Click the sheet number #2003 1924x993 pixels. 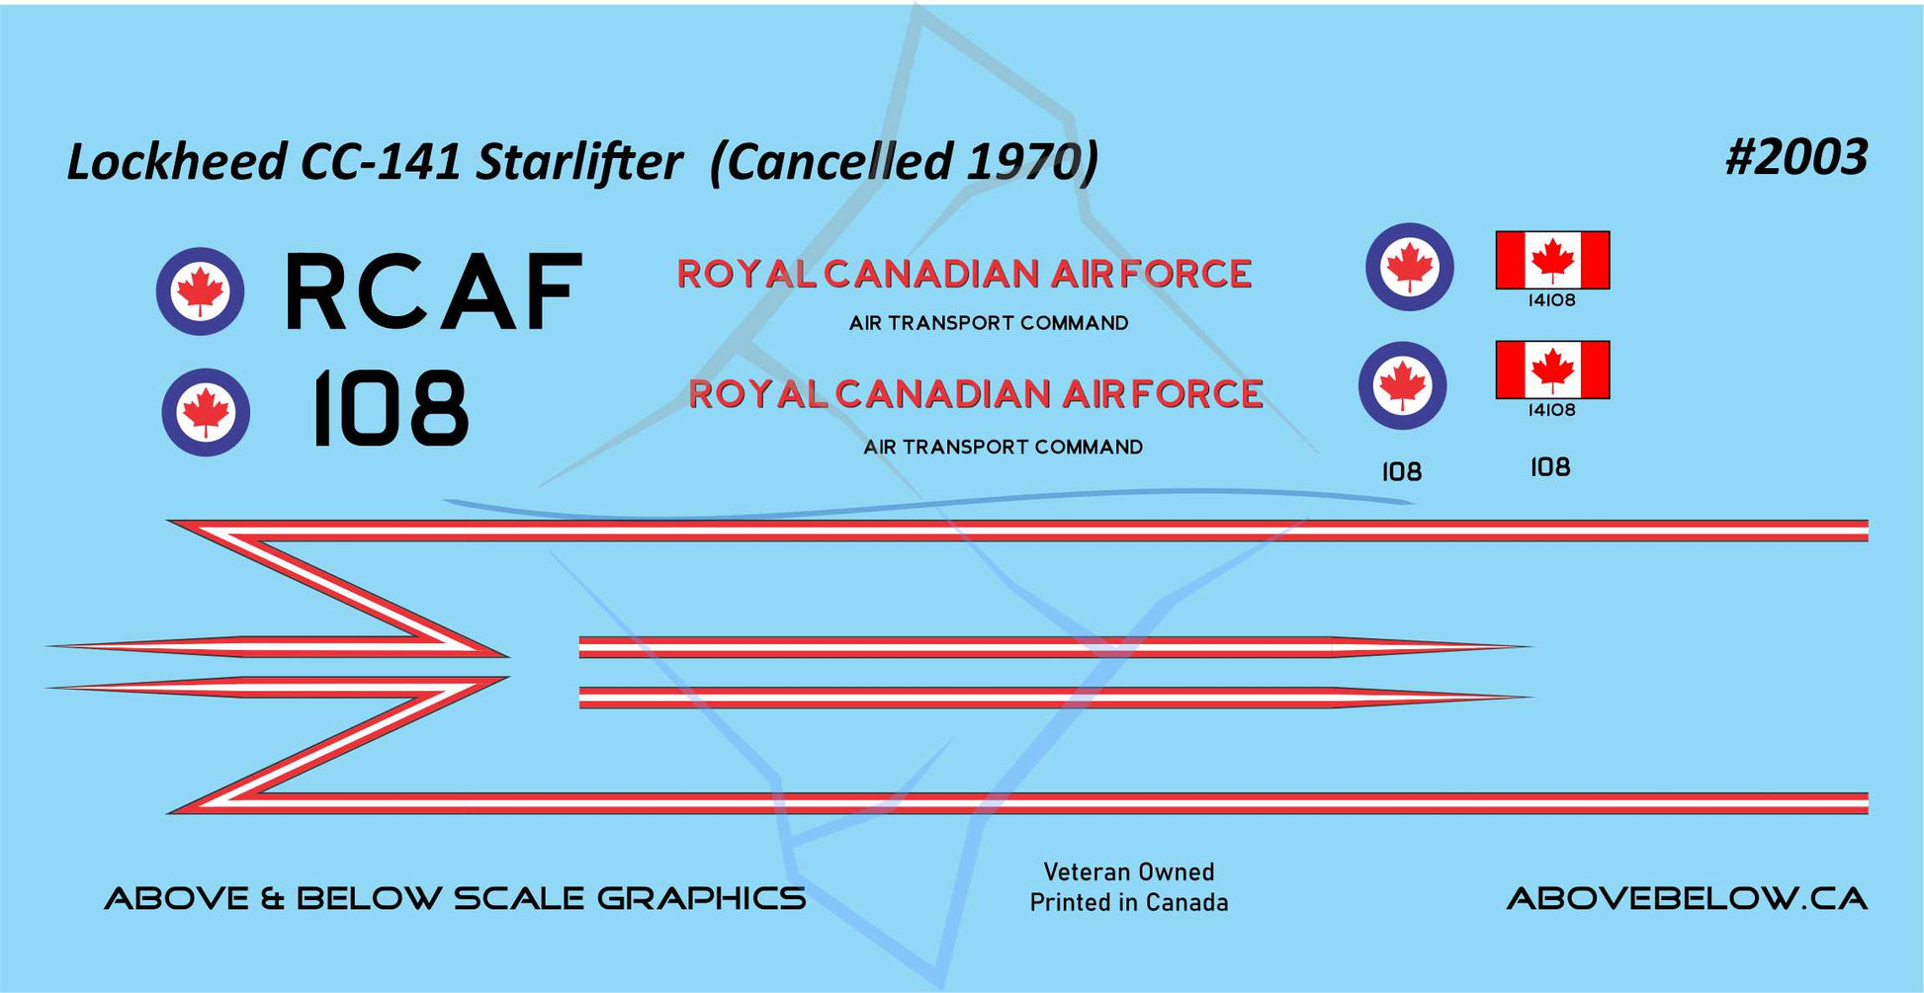(1796, 157)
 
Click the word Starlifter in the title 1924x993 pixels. (579, 162)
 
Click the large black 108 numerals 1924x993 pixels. (390, 408)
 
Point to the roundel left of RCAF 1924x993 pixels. (201, 291)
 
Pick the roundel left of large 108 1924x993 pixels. (206, 412)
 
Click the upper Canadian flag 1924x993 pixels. (1552, 260)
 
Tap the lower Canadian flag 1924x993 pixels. (1552, 370)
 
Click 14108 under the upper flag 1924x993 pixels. (1551, 300)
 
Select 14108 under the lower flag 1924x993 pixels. (1551, 410)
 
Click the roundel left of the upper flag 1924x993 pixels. (1410, 267)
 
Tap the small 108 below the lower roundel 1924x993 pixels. (1402, 472)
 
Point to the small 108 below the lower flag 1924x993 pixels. (1550, 467)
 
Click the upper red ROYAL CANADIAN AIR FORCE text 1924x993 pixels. (964, 274)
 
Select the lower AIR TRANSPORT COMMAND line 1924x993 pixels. (1003, 447)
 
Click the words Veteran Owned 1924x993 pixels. (1129, 871)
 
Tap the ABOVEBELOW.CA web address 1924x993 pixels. (1687, 898)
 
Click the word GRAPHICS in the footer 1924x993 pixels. (701, 898)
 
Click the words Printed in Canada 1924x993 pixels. (1129, 902)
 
